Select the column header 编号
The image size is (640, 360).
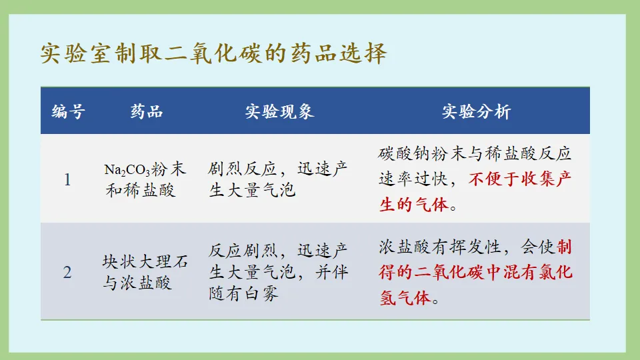click(x=69, y=111)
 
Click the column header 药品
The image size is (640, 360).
click(x=147, y=111)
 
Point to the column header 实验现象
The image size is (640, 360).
click(x=279, y=111)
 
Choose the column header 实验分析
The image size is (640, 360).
click(x=476, y=111)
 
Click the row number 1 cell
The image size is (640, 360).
click(x=67, y=180)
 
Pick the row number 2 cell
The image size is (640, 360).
click(x=67, y=272)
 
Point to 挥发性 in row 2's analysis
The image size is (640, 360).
click(x=475, y=247)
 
